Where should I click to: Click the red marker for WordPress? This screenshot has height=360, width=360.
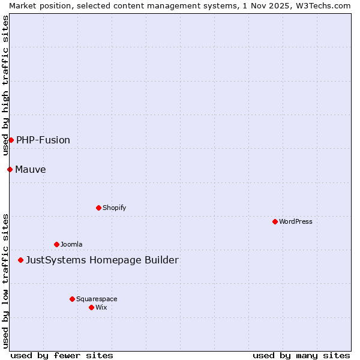pos(275,221)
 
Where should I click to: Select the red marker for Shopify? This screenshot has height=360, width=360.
pos(98,208)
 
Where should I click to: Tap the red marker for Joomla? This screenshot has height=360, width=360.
pos(56,244)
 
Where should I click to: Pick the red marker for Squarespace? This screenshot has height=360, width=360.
pos(72,299)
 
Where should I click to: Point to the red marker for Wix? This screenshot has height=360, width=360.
pos(91,307)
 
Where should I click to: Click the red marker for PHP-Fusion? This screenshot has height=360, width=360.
pos(11,140)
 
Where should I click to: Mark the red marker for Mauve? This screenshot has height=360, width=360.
pos(10,169)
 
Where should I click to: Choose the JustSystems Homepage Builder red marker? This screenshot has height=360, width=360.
pos(20,260)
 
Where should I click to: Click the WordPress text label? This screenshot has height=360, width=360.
pos(296,221)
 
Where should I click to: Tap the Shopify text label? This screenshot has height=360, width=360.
pos(115,208)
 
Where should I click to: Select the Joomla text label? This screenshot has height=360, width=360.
pos(71,244)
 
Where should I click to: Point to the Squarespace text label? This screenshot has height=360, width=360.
pos(97,299)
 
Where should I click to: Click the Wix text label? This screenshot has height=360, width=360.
pos(101,307)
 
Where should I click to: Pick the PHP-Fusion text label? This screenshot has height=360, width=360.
pos(43,140)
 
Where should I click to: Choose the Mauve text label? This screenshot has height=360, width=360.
pos(31,169)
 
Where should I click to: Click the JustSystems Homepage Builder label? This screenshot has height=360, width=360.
pos(102,260)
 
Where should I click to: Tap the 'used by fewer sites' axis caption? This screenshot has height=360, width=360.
pos(62,355)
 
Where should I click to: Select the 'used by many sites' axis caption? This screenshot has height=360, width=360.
pos(301,355)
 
